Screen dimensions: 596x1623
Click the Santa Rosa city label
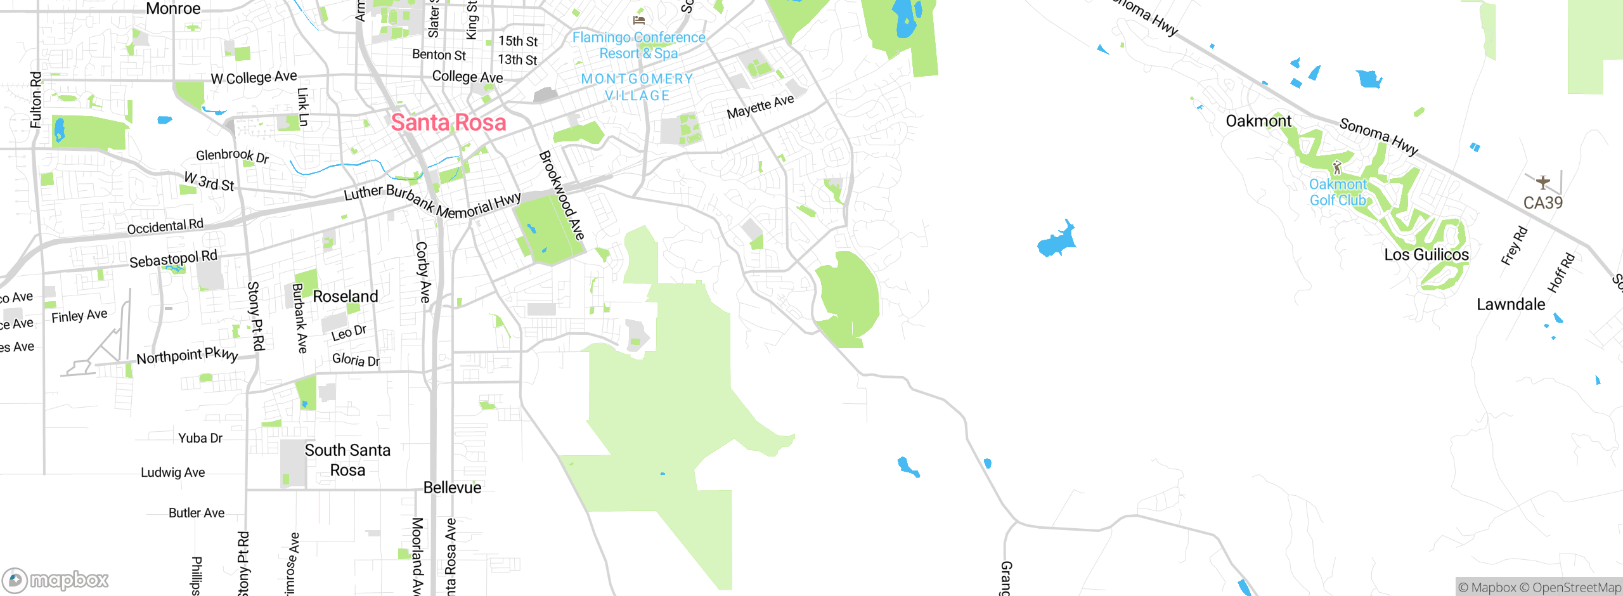click(x=448, y=122)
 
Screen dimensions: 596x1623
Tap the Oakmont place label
click(x=1258, y=121)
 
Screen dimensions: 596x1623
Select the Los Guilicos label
click(x=1426, y=255)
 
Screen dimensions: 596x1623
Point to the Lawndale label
click(x=1511, y=304)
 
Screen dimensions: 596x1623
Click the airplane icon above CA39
click(x=1542, y=183)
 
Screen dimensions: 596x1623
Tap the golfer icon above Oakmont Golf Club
click(x=1337, y=168)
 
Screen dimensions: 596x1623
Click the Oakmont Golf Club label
click(x=1338, y=192)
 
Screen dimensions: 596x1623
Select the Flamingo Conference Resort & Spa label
click(x=638, y=46)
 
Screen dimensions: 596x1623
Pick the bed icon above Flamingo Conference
click(x=638, y=20)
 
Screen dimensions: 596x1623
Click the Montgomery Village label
click(x=637, y=87)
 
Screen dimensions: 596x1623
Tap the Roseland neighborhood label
click(x=345, y=297)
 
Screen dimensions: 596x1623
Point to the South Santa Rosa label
click(x=347, y=460)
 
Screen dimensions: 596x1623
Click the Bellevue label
click(x=452, y=488)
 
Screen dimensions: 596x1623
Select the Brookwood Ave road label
click(x=562, y=195)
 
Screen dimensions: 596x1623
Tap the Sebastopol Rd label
click(x=173, y=259)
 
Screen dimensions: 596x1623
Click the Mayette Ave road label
click(x=760, y=107)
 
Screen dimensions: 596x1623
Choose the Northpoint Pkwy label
click(x=187, y=356)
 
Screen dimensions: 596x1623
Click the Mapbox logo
click(x=56, y=580)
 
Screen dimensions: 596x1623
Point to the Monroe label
click(x=173, y=9)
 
